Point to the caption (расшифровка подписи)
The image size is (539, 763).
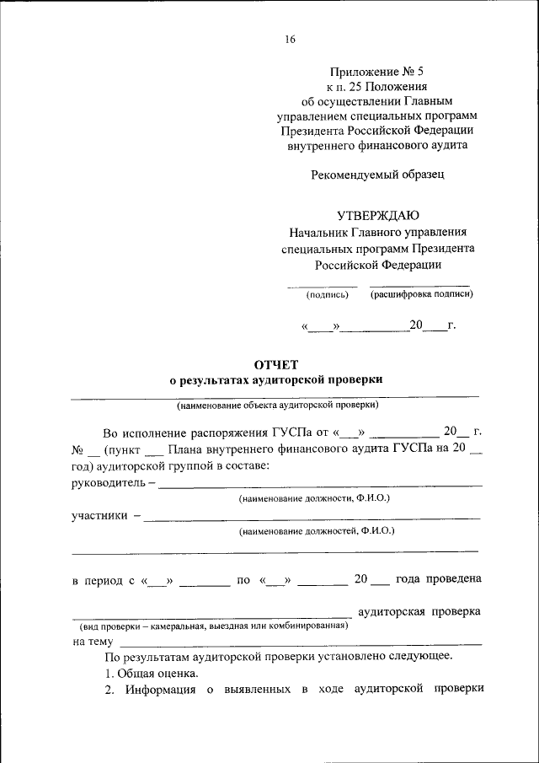tap(421, 294)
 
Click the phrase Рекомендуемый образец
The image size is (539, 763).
tap(377, 175)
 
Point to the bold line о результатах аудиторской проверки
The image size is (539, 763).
tap(276, 380)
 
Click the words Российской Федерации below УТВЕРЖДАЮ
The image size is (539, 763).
tap(378, 265)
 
